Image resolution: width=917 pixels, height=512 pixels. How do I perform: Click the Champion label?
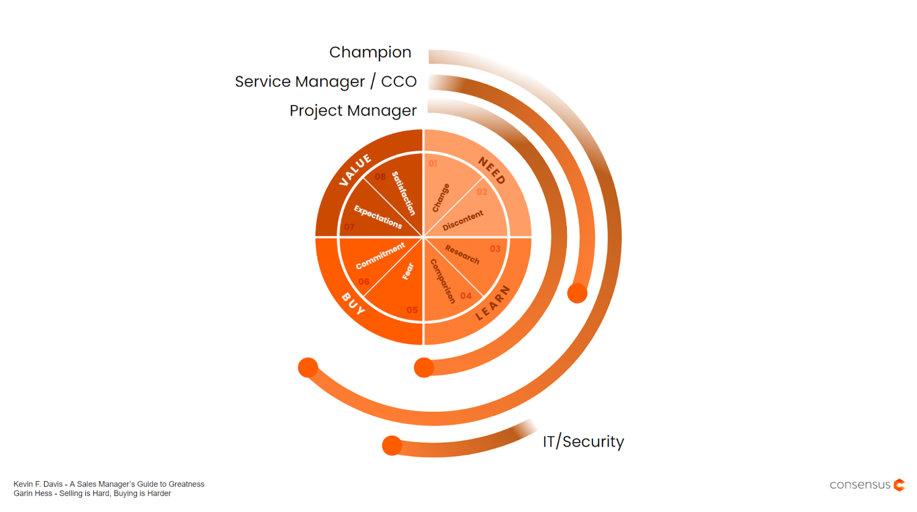[x=370, y=53]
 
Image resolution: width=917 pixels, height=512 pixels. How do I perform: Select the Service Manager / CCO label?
[x=326, y=82]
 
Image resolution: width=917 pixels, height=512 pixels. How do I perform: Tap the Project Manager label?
[x=353, y=111]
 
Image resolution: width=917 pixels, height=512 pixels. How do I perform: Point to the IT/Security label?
[x=583, y=442]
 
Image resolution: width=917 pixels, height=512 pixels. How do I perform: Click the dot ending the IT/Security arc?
[x=392, y=446]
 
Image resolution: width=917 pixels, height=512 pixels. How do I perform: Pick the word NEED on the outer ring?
[x=492, y=171]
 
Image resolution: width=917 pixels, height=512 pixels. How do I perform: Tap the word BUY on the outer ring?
[x=353, y=304]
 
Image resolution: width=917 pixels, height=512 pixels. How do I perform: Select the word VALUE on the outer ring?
[x=355, y=170]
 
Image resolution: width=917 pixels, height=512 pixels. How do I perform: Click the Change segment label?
[x=441, y=198]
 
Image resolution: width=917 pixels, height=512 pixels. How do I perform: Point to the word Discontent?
[x=463, y=220]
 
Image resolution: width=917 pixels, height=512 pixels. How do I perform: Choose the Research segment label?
[x=462, y=254]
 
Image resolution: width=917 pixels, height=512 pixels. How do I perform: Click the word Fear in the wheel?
[x=408, y=271]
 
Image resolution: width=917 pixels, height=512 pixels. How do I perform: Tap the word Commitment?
[x=381, y=255]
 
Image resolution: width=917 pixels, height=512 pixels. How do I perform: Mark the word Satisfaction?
[x=403, y=193]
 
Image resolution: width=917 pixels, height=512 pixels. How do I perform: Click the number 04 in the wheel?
[x=466, y=296]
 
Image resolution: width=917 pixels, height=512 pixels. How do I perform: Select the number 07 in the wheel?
[x=349, y=227]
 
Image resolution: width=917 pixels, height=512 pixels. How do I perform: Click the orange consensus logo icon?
[x=899, y=485]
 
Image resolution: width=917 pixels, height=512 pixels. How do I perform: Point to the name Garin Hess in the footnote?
[x=33, y=494]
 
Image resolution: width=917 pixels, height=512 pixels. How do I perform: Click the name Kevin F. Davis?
[x=38, y=485]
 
